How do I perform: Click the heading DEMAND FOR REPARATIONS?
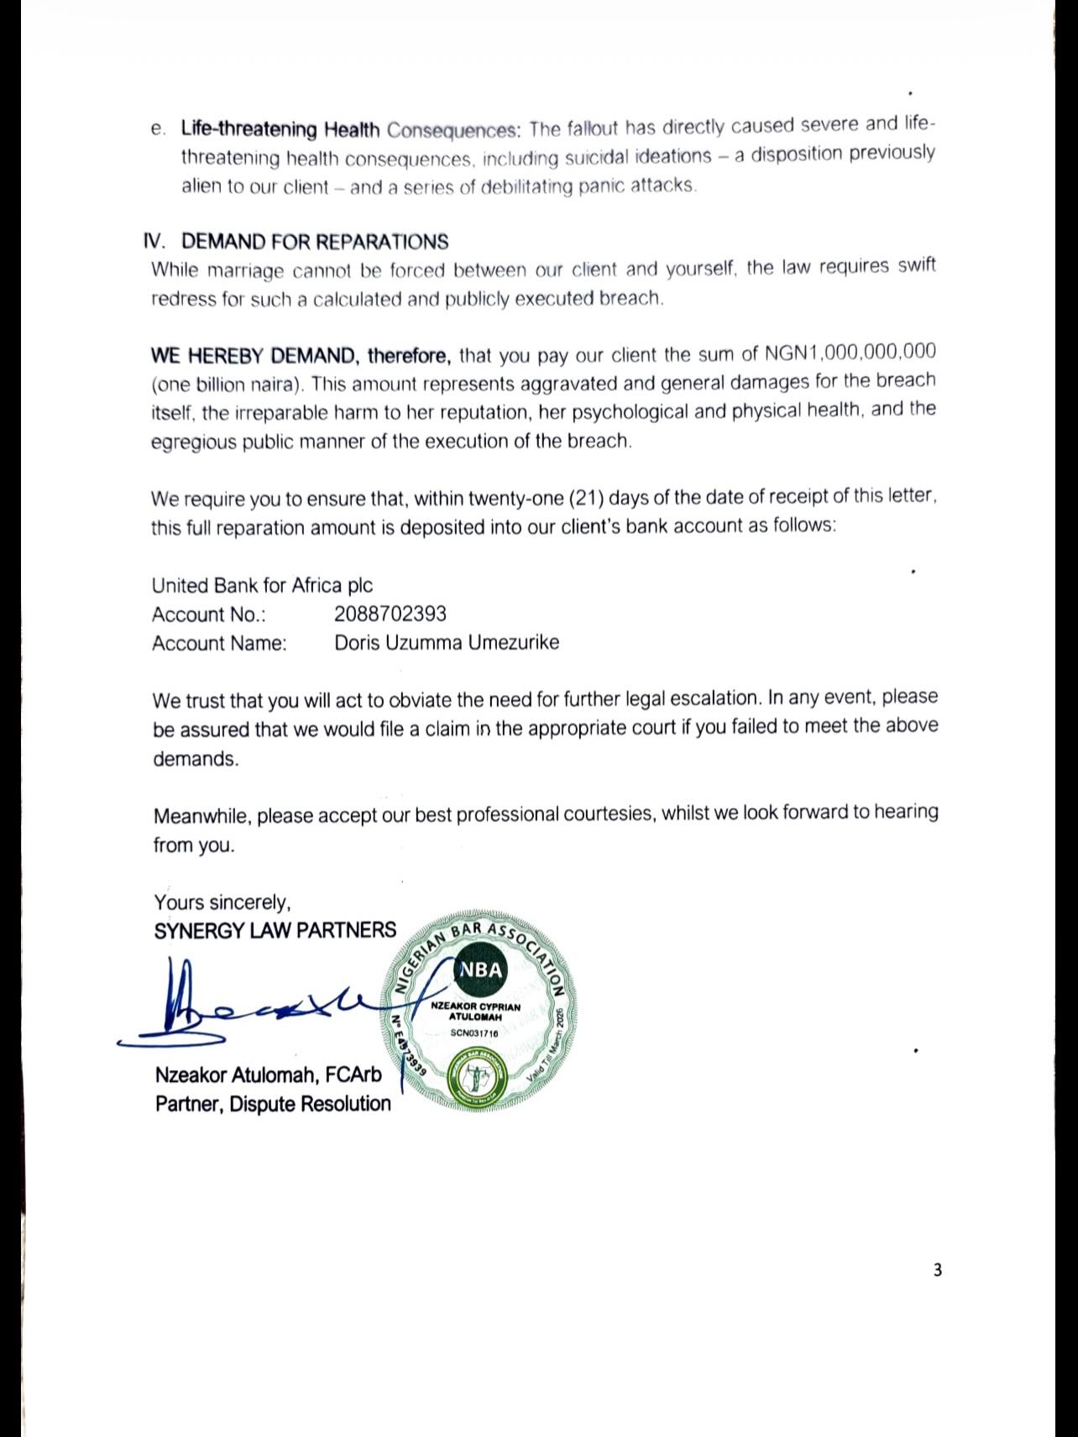[315, 242]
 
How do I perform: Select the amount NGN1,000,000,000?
[850, 353]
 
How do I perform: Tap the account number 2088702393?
[390, 614]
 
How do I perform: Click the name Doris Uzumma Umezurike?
[447, 643]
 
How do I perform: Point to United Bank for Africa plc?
[262, 585]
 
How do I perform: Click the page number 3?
[938, 1270]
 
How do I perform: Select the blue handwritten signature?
[252, 1007]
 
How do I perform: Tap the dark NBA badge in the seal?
[481, 970]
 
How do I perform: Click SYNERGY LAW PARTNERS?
[275, 930]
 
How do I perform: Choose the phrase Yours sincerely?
[222, 902]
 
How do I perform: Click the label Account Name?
[219, 644]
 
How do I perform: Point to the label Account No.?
[209, 614]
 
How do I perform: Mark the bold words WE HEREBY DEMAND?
[256, 356]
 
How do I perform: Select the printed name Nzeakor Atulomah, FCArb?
[269, 1074]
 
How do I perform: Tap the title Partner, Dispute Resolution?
[273, 1104]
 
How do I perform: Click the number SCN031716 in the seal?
[474, 1033]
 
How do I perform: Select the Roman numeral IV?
[154, 242]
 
